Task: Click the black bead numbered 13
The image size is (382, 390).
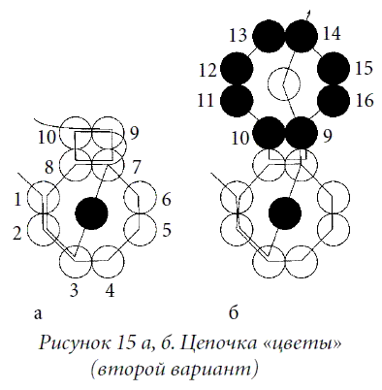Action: (x=269, y=36)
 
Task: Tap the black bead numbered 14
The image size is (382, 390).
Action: (x=302, y=36)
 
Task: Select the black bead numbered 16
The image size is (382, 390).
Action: (x=334, y=101)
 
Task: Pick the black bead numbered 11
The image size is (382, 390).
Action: (x=237, y=101)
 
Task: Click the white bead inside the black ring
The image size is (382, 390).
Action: (x=284, y=84)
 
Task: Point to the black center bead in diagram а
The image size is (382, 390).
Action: (x=91, y=213)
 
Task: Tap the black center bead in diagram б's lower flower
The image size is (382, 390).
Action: (x=285, y=213)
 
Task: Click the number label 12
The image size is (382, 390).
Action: (x=207, y=70)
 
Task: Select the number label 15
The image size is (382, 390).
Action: (x=364, y=68)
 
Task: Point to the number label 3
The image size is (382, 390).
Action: (x=75, y=291)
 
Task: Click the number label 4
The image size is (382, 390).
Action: (x=110, y=291)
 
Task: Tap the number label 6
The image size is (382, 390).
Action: (x=166, y=200)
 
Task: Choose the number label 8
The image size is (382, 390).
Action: (x=48, y=167)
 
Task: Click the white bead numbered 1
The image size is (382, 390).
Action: (x=44, y=197)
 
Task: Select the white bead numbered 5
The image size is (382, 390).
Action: (x=140, y=230)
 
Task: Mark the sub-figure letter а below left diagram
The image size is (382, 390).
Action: (x=38, y=314)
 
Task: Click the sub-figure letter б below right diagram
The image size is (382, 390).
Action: (x=234, y=311)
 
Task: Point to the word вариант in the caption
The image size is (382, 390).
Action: (x=209, y=370)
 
